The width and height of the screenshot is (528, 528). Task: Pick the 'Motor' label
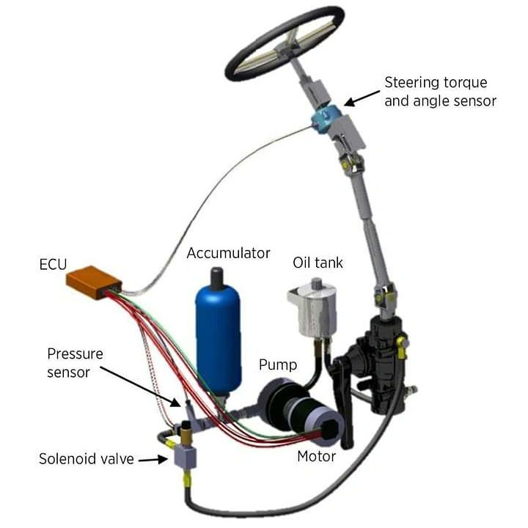(x=317, y=456)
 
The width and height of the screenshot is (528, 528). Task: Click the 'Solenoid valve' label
(x=87, y=459)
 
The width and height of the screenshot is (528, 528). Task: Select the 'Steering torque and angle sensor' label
(x=439, y=91)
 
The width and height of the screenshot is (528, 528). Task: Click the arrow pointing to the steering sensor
(x=359, y=98)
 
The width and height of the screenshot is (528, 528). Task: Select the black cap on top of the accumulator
(x=217, y=278)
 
